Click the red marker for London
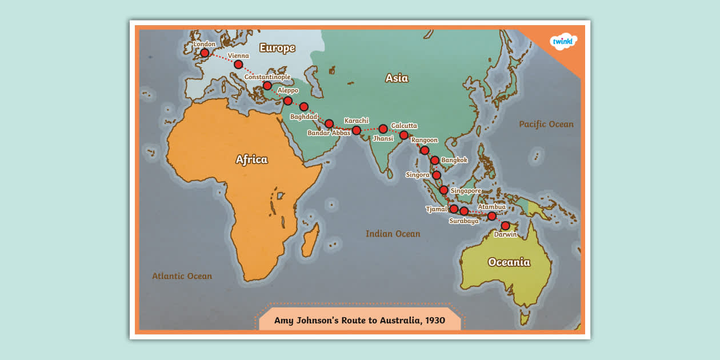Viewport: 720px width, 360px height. tap(205, 53)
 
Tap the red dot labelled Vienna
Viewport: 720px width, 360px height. tap(238, 65)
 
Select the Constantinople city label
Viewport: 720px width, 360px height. tap(267, 77)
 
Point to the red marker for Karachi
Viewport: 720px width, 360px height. tap(357, 130)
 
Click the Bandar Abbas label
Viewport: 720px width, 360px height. tap(329, 133)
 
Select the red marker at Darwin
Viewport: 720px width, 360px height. tap(505, 226)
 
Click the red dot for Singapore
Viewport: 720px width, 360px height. tap(443, 190)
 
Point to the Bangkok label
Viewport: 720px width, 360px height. tap(454, 160)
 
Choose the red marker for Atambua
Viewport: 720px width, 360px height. tap(491, 216)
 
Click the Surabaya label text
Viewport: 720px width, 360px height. tap(463, 221)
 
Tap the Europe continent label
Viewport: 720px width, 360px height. tap(277, 48)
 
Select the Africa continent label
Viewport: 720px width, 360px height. tap(251, 159)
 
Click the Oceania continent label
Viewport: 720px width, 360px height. tap(509, 262)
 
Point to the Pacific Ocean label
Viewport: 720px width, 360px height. tap(546, 124)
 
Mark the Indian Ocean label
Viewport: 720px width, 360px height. tap(393, 234)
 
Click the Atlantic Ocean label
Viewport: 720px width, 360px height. tap(182, 276)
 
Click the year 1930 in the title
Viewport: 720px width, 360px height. tap(434, 320)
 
